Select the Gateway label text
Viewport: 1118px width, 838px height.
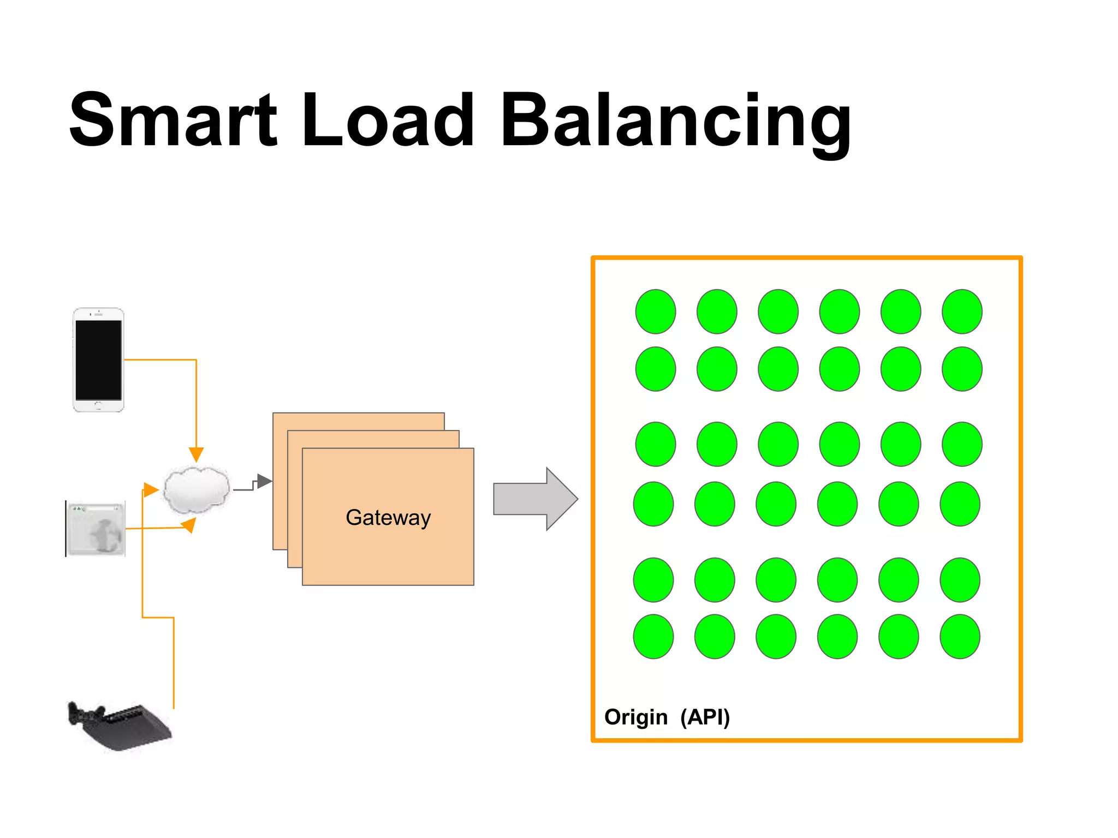point(388,517)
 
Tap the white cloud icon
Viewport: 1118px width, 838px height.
point(197,489)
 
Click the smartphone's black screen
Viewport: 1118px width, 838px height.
point(98,360)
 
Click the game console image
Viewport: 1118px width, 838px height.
point(119,726)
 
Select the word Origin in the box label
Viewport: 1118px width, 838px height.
point(636,717)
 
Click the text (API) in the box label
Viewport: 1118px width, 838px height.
point(705,717)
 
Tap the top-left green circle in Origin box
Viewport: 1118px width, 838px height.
point(656,312)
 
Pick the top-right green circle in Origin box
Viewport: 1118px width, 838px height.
point(962,312)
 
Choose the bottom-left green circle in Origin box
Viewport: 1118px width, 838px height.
point(653,637)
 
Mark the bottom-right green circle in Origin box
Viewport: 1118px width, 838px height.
point(960,637)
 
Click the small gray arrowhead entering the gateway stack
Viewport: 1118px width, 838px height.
point(264,481)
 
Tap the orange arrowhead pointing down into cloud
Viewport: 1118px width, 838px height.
point(196,454)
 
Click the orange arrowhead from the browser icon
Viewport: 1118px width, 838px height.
point(188,525)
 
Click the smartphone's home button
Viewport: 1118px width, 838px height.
point(98,405)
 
